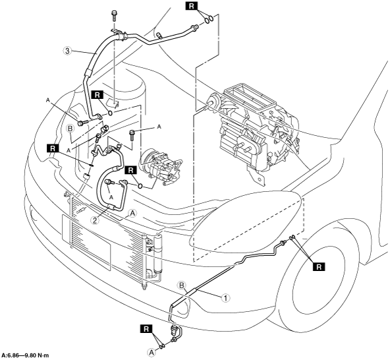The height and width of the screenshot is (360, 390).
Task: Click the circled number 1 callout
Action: point(225,298)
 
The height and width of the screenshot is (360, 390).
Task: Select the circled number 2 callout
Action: point(95,220)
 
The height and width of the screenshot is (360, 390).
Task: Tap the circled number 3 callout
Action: point(67,51)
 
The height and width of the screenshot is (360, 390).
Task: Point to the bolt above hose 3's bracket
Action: point(114,15)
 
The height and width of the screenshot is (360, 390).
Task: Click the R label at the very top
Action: point(191,6)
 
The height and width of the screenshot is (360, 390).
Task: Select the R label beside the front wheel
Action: point(319,267)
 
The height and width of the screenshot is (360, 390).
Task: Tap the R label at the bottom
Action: point(146,329)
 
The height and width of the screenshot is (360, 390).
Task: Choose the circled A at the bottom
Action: point(151,352)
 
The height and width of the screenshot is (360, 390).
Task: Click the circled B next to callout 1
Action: point(182,285)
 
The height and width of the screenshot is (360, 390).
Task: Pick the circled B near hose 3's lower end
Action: point(70,129)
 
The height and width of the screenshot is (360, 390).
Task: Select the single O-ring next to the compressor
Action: point(140,186)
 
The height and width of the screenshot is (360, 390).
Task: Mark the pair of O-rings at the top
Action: point(209,19)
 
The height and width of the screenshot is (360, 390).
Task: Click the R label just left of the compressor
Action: point(131,170)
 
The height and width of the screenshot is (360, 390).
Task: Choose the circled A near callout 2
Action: point(132,214)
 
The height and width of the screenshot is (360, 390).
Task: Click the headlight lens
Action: point(246,219)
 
